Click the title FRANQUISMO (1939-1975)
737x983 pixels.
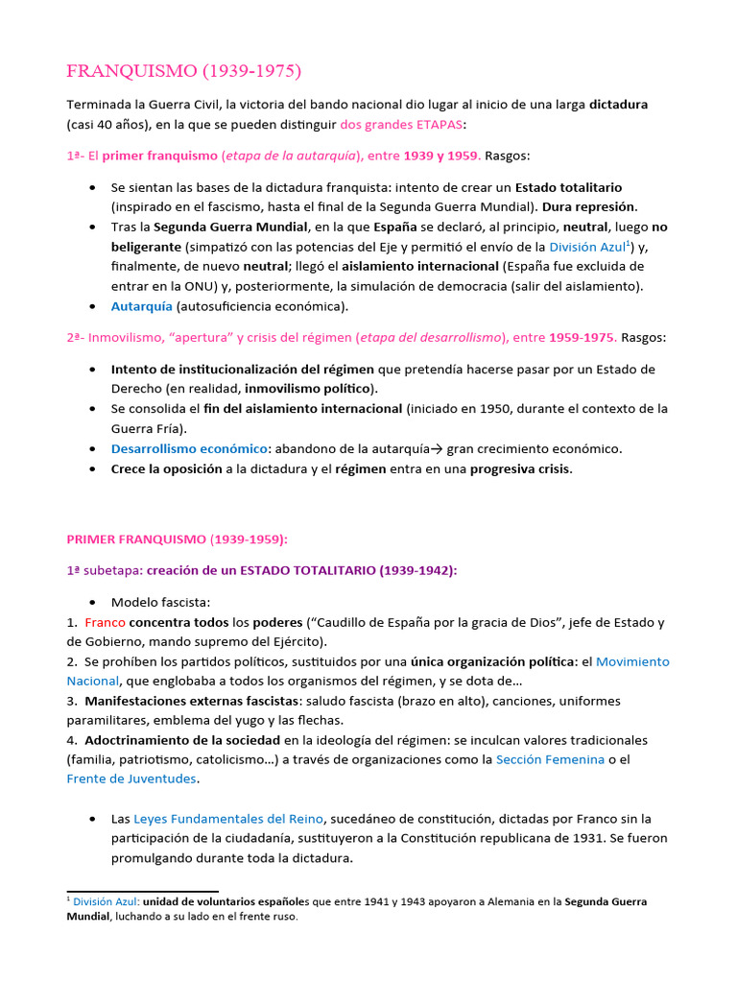point(183,71)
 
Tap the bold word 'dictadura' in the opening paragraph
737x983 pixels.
point(619,104)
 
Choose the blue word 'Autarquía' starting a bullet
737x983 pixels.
point(142,306)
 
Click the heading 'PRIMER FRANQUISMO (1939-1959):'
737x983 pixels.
point(177,539)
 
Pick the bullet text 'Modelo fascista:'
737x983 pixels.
point(154,602)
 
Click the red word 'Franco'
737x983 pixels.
point(105,622)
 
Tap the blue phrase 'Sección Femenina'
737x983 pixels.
point(550,759)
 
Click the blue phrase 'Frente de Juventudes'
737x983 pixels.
point(131,779)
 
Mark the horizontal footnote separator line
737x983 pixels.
point(143,892)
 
